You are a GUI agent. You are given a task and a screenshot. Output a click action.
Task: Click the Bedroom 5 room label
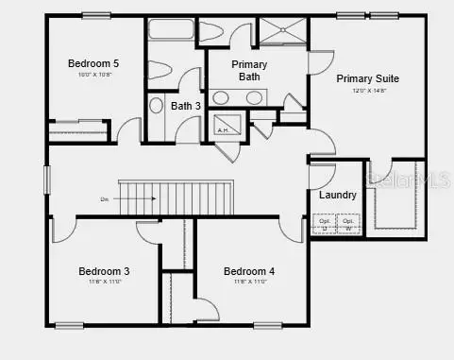92,63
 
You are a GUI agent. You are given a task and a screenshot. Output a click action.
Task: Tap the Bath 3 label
185,106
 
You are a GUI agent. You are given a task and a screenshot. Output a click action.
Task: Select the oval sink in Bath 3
156,105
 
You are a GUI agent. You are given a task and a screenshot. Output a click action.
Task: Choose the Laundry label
337,195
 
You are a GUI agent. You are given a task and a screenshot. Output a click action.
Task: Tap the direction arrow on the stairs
142,198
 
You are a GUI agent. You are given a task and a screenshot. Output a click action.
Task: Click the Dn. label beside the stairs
104,198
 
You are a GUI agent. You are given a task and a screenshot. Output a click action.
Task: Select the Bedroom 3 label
104,271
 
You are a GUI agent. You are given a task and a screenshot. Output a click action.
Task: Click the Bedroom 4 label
249,271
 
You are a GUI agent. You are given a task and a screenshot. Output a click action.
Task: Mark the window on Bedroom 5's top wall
94,15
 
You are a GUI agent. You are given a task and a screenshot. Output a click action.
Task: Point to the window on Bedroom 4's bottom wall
267,325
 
